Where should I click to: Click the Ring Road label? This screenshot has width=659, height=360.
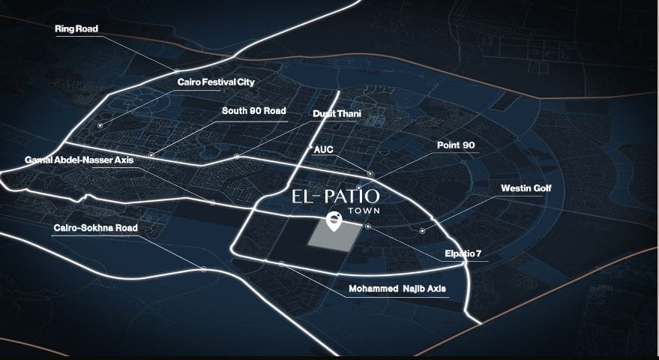76,29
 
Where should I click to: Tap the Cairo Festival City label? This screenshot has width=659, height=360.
216,82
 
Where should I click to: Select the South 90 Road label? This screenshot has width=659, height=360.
253,111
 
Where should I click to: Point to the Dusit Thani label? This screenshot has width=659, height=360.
337,114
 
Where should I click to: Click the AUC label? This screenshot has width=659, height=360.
323,150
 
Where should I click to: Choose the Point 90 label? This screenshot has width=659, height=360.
456,144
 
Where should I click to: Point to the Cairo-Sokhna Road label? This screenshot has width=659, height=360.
95,228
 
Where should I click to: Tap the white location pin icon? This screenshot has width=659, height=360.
334,220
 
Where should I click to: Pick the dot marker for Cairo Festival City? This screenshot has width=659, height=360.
100,125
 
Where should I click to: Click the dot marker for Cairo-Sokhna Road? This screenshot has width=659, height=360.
203,269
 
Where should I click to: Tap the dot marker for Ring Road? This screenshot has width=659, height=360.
177,72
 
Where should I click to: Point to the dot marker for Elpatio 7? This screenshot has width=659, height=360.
367,226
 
